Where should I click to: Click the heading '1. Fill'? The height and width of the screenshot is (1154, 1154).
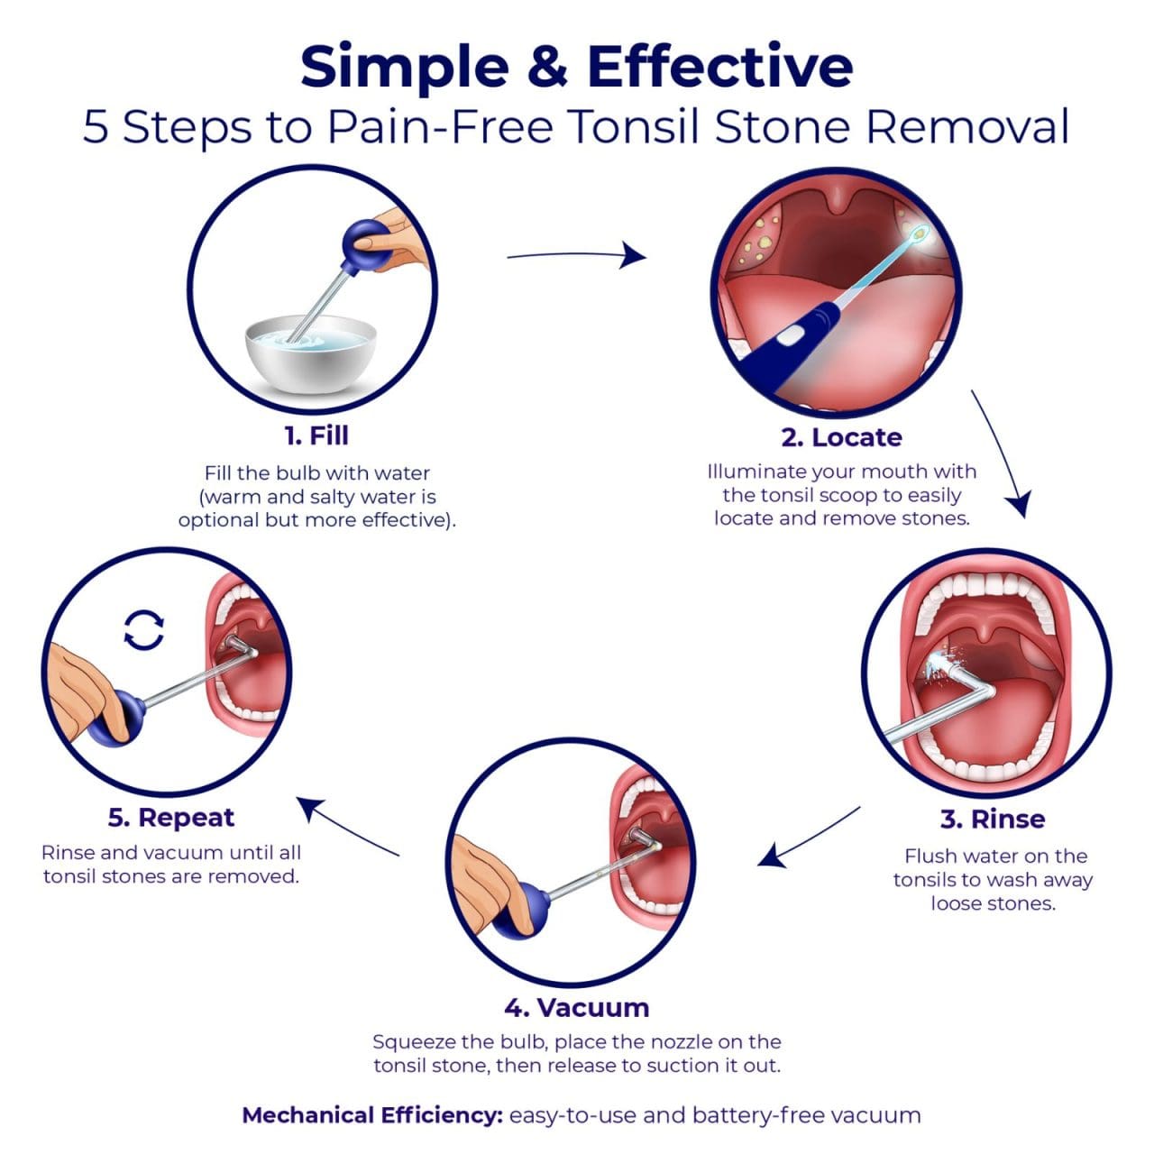[316, 435]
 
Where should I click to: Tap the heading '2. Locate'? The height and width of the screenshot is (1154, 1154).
[841, 437]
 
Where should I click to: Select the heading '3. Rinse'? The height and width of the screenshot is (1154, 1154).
[992, 820]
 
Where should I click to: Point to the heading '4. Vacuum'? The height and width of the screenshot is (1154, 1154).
[576, 1007]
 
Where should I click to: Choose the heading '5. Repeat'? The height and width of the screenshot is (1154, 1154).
[170, 818]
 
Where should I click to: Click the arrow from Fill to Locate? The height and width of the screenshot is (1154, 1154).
[577, 256]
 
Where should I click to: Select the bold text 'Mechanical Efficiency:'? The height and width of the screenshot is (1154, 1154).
[372, 1115]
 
